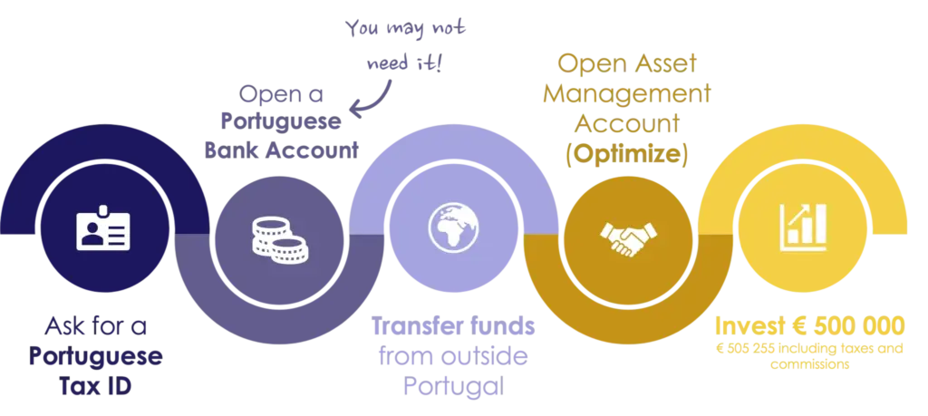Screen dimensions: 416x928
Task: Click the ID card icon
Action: [103, 229]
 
